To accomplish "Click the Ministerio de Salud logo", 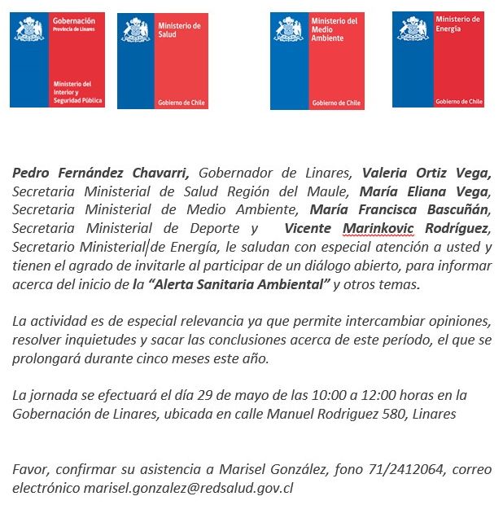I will [163, 61].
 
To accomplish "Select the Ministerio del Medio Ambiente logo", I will [317, 61].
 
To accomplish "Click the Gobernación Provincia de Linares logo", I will [57, 59].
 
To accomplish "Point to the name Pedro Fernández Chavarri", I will [101, 173].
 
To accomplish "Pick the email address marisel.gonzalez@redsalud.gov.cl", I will [188, 488].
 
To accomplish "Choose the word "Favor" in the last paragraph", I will [30, 469].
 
